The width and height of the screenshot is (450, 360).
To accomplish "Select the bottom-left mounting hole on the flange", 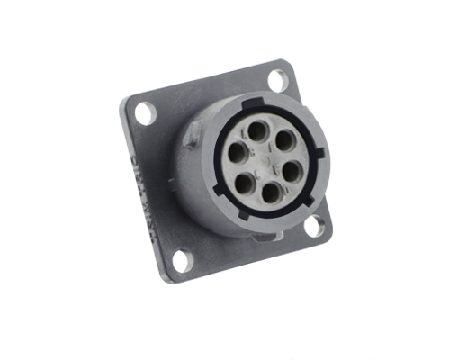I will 181,261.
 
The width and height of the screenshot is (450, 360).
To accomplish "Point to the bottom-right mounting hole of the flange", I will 314,225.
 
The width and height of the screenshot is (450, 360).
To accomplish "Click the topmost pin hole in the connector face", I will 256,132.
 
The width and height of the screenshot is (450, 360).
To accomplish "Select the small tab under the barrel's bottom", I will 261,236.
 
